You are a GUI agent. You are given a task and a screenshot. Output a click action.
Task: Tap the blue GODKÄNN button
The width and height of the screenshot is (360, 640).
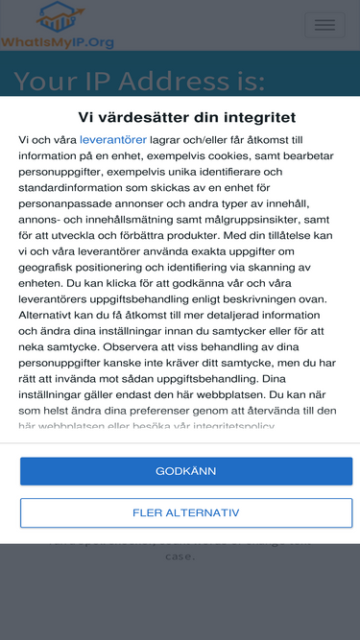[186, 471]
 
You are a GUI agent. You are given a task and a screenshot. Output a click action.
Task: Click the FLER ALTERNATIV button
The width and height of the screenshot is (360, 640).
[186, 512]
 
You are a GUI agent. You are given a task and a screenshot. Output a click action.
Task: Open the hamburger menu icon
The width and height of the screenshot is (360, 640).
[324, 25]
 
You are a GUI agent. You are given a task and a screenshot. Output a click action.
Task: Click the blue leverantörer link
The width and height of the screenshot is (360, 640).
[114, 139]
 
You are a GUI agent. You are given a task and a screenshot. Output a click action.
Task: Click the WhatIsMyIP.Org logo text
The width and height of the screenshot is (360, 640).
[58, 42]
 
